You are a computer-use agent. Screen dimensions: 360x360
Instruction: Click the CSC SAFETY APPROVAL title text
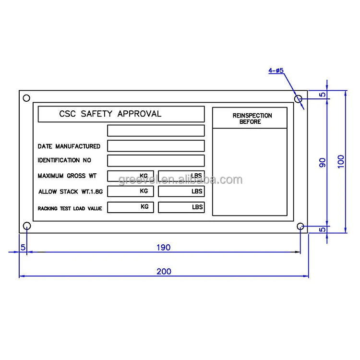pyautogui.click(x=110, y=114)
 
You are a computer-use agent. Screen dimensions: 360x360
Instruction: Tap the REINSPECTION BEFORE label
pyautogui.click(x=252, y=119)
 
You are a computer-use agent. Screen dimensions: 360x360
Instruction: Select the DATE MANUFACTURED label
pyautogui.click(x=69, y=146)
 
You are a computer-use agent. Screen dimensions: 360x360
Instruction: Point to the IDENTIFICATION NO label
pyautogui.click(x=64, y=160)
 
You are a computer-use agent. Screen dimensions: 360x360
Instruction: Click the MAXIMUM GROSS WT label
pyautogui.click(x=67, y=176)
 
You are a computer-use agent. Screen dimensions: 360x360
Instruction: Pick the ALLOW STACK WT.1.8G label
pyautogui.click(x=71, y=192)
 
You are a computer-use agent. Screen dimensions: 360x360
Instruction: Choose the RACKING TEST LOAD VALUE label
pyautogui.click(x=70, y=208)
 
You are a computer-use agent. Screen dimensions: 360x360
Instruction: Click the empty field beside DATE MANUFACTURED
pyautogui.click(x=156, y=146)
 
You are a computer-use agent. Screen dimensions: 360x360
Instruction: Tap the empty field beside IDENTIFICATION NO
pyautogui.click(x=156, y=160)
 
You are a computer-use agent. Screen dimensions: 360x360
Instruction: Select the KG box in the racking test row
pyautogui.click(x=131, y=207)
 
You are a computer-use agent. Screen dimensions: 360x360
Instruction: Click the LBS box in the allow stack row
pyautogui.click(x=181, y=192)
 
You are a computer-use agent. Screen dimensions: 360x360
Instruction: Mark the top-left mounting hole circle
pyautogui.click(x=26, y=98)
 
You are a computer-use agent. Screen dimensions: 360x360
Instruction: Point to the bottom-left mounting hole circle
pyautogui.click(x=27, y=226)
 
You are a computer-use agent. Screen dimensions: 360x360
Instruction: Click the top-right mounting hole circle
pyautogui.click(x=298, y=99)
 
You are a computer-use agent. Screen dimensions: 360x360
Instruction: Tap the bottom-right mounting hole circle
pyautogui.click(x=300, y=226)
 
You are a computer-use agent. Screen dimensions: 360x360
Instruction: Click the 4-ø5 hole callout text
pyautogui.click(x=276, y=71)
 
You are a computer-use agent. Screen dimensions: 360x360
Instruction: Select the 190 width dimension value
pyautogui.click(x=163, y=247)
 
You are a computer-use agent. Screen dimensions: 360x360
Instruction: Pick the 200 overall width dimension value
pyautogui.click(x=164, y=271)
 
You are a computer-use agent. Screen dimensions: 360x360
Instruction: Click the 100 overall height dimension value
pyautogui.click(x=341, y=161)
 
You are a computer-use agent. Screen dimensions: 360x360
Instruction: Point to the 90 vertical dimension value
pyautogui.click(x=322, y=162)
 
